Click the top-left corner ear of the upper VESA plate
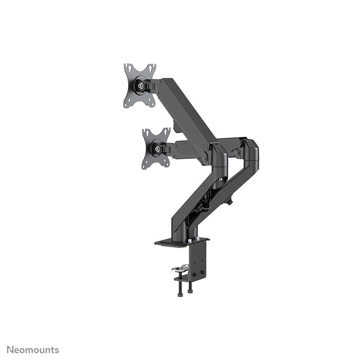point(128,67)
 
